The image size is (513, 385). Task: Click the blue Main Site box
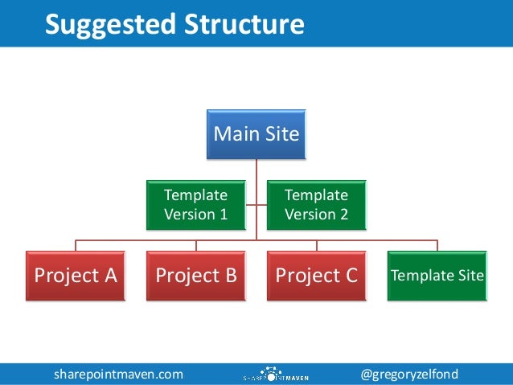(256, 133)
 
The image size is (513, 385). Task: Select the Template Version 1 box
(195, 204)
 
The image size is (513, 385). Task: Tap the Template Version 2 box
(316, 204)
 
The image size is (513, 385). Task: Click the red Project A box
(76, 276)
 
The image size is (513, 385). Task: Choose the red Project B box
(195, 276)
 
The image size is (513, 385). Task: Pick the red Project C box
(316, 276)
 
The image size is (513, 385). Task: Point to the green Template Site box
(437, 276)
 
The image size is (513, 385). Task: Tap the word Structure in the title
(245, 24)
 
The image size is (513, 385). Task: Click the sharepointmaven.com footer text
(118, 374)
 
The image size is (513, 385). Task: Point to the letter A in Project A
(109, 276)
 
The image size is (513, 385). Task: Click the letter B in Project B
(230, 276)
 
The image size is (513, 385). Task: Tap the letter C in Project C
(350, 276)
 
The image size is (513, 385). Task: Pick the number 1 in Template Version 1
(222, 214)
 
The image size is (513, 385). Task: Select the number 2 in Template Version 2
(343, 214)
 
